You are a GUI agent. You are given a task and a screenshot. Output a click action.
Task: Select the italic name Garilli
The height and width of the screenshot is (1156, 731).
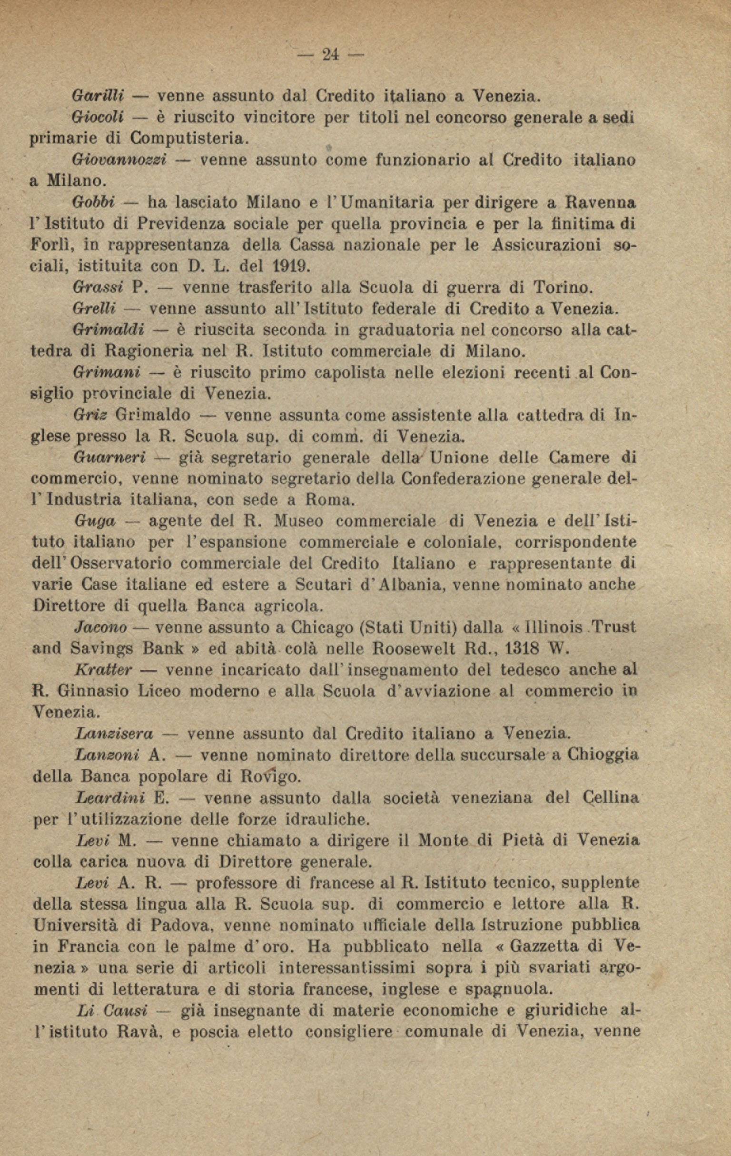(98, 96)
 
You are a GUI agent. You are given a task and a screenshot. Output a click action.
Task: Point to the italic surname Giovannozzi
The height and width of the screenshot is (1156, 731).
(119, 160)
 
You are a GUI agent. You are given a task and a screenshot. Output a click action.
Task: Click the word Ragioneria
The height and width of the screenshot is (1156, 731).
(149, 351)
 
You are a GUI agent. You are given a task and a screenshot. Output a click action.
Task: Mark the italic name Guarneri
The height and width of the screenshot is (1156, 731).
(110, 458)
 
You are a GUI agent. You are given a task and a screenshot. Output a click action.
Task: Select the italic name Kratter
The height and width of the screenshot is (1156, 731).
(103, 670)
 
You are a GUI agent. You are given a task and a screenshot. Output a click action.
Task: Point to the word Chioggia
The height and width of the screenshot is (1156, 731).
(603, 755)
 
